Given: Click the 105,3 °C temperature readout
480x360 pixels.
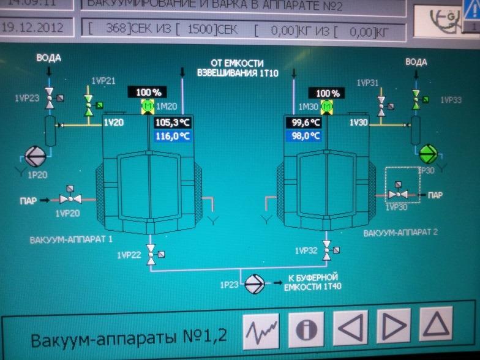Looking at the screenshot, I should (173, 122).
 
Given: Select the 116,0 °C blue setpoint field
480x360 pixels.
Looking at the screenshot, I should (173, 136).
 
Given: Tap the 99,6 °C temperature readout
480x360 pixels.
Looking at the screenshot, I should (303, 122).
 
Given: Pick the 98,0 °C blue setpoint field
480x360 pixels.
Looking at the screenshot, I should (303, 136).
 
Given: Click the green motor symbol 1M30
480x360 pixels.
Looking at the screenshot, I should (327, 108).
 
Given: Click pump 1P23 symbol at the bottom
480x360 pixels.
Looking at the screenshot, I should (252, 284).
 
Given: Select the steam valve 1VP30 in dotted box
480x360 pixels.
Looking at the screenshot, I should (401, 193).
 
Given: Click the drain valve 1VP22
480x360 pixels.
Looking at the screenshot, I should (151, 253).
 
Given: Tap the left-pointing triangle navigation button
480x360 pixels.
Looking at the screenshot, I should (350, 330).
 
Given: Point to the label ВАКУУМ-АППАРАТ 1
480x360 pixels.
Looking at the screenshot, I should (70, 239).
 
